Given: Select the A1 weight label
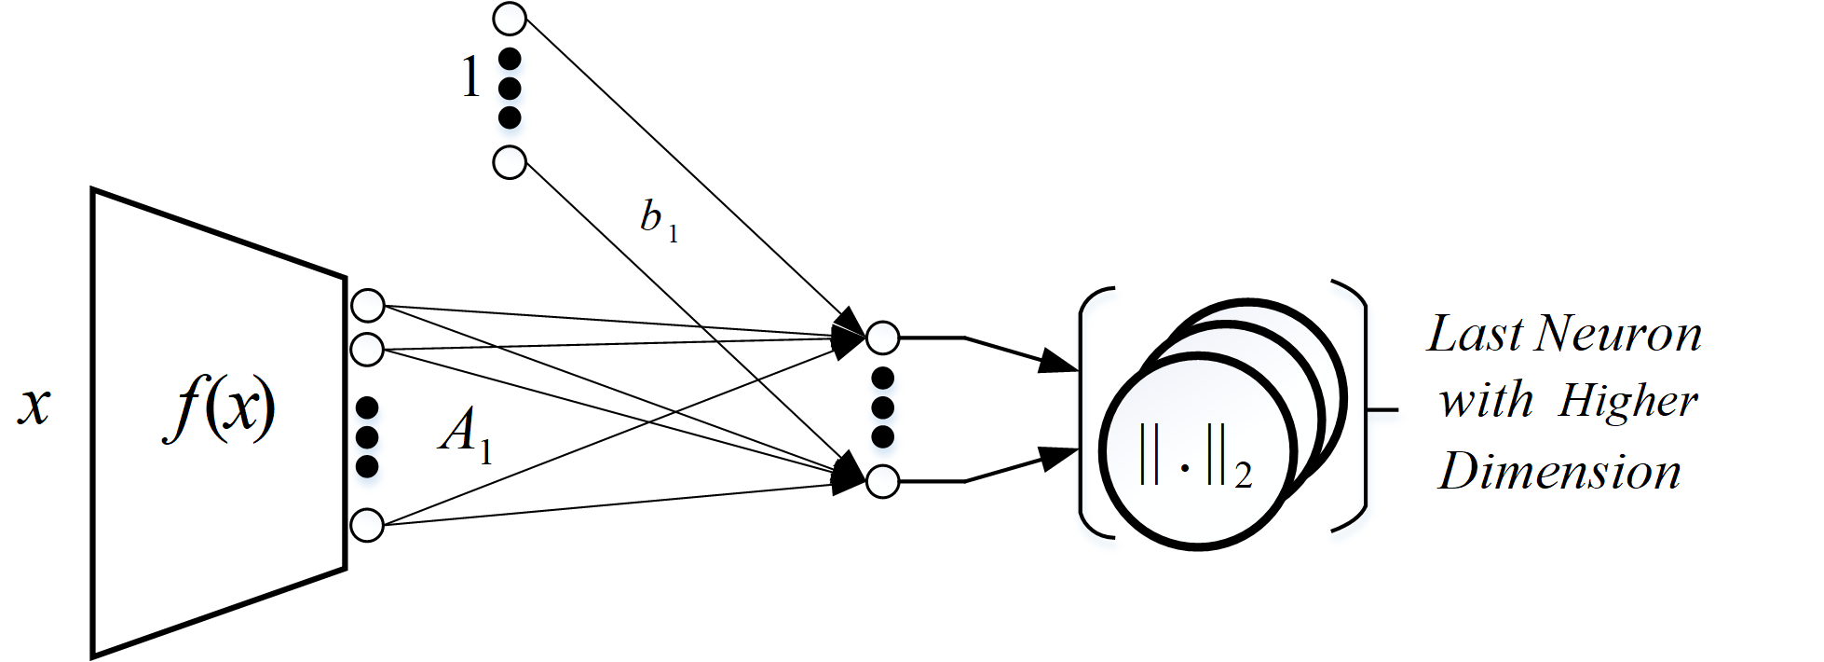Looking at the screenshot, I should click(x=465, y=435).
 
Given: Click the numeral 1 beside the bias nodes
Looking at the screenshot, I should click(x=471, y=78).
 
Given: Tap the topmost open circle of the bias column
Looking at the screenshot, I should click(x=510, y=18).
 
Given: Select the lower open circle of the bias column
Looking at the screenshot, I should click(x=509, y=162).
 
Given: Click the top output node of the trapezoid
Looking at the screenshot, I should click(x=368, y=305).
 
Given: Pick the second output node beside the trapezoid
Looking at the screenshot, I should click(x=368, y=350).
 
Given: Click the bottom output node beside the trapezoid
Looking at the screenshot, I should click(x=368, y=525).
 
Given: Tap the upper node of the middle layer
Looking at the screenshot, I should click(x=882, y=338).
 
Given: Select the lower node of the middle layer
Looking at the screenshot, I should click(x=882, y=481).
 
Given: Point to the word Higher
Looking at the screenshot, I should click(x=1627, y=402).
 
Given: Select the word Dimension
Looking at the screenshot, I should click(x=1559, y=472).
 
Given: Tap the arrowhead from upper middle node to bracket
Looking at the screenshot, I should click(x=1059, y=361).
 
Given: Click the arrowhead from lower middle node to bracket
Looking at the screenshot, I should click(x=1059, y=458).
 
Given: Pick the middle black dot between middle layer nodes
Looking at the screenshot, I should click(x=882, y=407).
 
